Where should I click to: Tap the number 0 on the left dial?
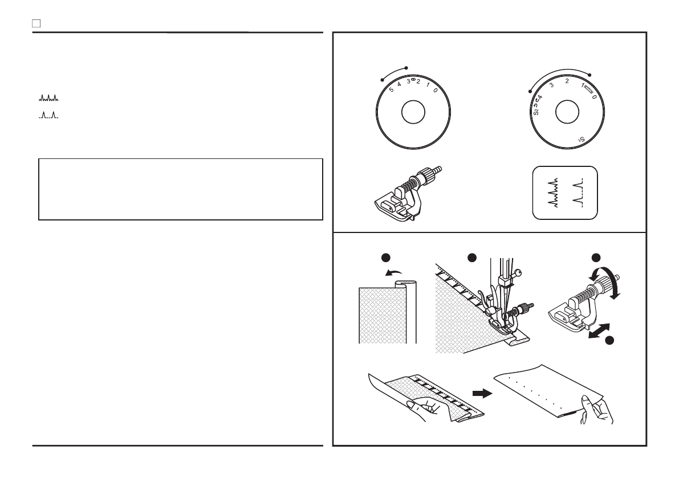[x=436, y=90]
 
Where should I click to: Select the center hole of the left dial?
[x=413, y=112]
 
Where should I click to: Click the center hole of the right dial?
[x=564, y=112]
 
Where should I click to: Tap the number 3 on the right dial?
[x=551, y=85]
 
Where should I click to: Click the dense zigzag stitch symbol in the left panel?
[x=48, y=99]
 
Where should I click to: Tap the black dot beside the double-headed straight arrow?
[x=609, y=341]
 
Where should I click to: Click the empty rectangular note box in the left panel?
[x=181, y=189]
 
